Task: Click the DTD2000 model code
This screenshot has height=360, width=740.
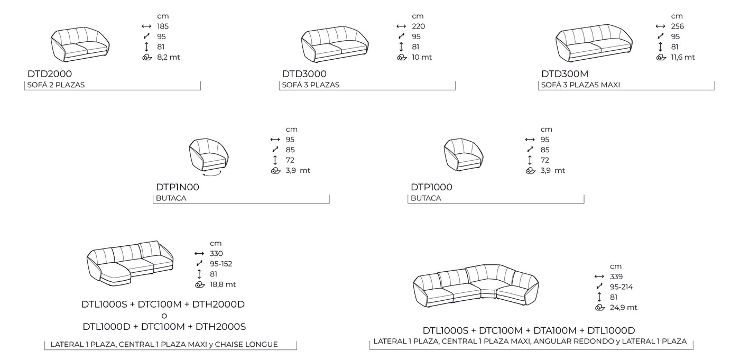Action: tap(50, 74)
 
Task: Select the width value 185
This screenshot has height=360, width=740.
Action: tap(163, 26)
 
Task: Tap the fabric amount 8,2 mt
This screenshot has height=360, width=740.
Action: tap(168, 58)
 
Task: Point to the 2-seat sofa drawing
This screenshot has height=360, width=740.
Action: tap(80, 44)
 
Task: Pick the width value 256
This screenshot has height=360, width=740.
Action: tap(677, 26)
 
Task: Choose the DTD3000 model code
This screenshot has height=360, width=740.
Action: tap(304, 74)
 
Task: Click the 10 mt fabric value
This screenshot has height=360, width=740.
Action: tap(422, 58)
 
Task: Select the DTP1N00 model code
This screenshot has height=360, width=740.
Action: tap(178, 187)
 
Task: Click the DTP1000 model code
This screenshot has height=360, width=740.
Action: tap(431, 187)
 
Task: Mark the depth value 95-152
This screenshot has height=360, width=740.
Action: tap(221, 264)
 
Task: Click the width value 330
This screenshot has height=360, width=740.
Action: tap(216, 254)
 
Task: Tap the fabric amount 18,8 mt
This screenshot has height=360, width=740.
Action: tap(223, 284)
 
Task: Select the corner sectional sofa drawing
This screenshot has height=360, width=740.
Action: tap(475, 286)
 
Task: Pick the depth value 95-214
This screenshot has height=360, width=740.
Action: tap(622, 287)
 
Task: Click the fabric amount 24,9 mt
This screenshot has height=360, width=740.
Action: tap(623, 308)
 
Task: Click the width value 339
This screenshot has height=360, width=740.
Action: tap(616, 276)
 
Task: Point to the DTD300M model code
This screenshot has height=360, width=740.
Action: tap(565, 74)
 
